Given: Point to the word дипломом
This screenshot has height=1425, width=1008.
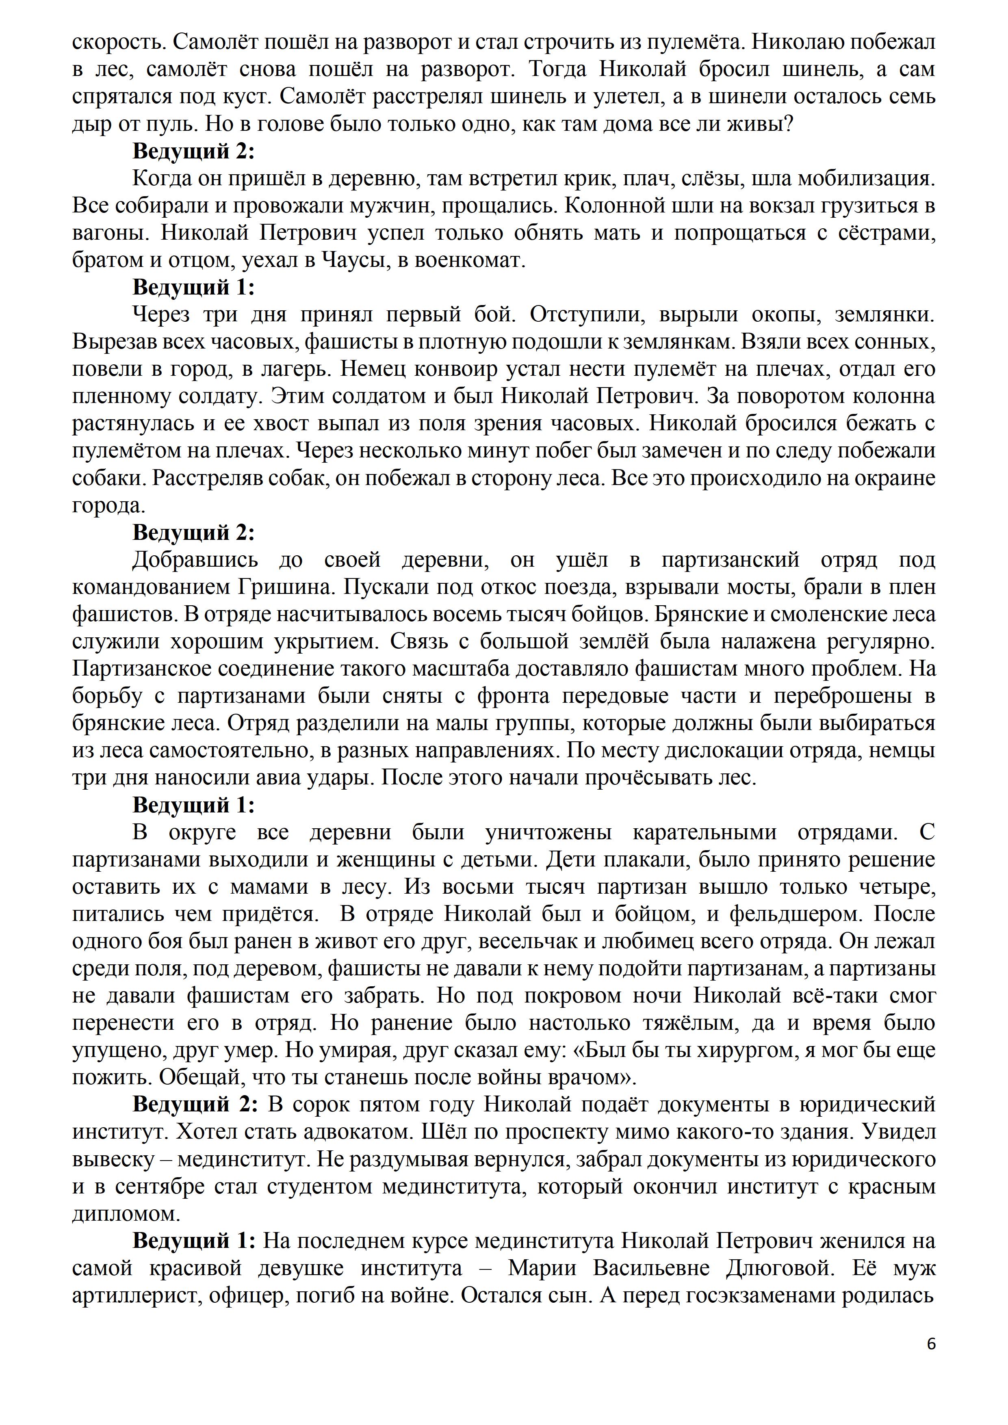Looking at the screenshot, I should [x=121, y=1213].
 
